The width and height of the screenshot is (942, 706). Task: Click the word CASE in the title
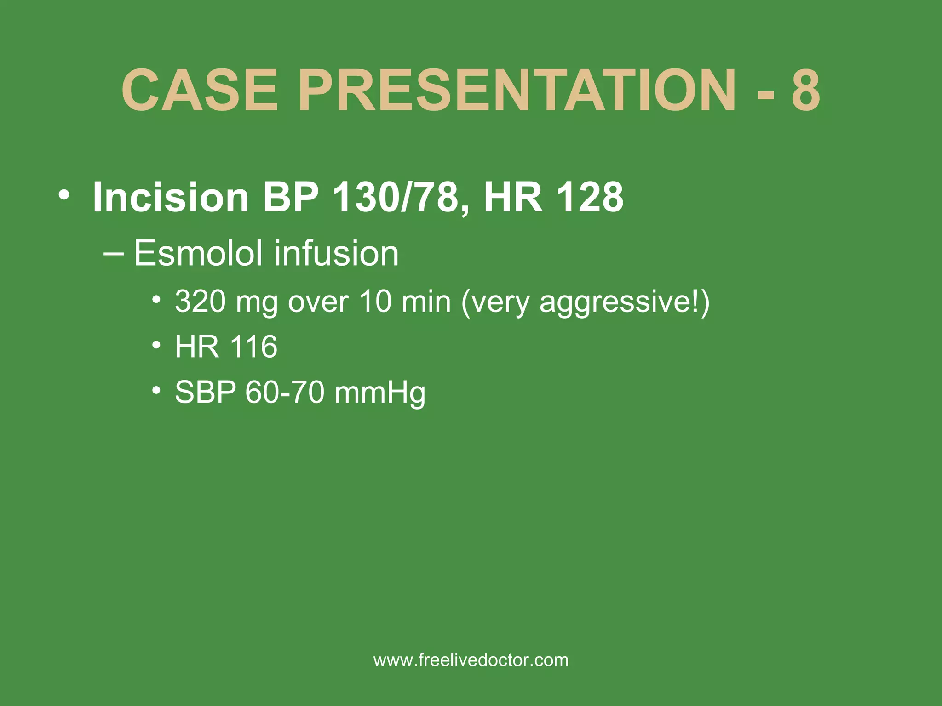point(200,90)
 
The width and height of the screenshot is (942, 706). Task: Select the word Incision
point(171,197)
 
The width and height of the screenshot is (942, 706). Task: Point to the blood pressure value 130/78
point(396,197)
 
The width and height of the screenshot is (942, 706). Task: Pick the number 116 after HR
point(253,347)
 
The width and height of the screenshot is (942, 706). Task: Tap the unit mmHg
point(380,393)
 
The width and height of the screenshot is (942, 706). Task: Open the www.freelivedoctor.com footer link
point(471,660)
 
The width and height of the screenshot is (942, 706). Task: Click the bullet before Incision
point(64,195)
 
